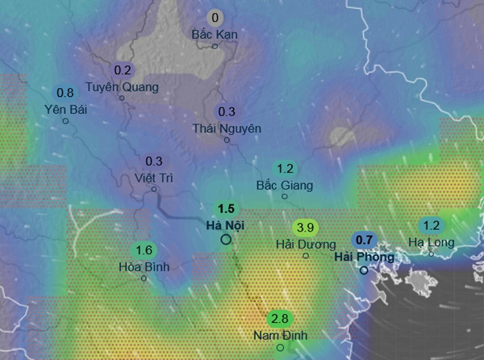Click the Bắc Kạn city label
point(214,35)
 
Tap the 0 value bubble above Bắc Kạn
point(215,18)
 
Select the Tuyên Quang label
point(123,86)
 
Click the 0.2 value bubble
point(123,70)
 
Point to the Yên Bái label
point(66,109)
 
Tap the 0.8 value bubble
point(65,93)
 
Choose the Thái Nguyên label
point(227,128)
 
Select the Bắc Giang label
point(284,185)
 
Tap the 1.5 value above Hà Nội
point(226,208)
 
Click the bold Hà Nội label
point(226,224)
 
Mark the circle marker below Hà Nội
point(226,239)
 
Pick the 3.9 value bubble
point(306,227)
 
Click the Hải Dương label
point(305,243)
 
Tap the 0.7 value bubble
point(364,240)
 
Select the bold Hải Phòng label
point(364,257)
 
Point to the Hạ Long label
point(432,241)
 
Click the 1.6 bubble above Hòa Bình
point(144,250)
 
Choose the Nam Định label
point(280,335)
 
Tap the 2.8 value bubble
point(280,318)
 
